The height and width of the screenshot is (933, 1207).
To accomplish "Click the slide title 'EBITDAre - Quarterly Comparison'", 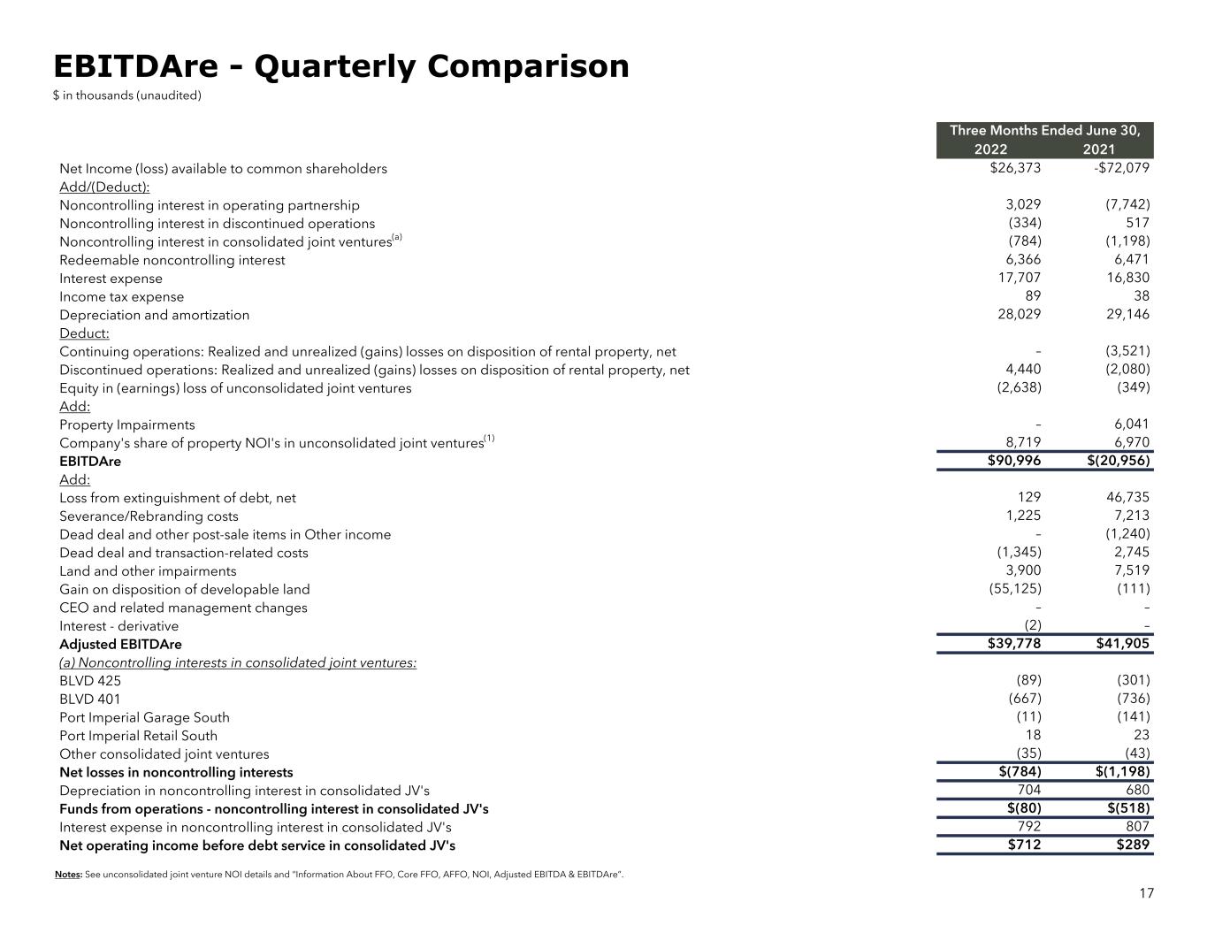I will click(340, 67).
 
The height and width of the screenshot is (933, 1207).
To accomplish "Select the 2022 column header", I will click(989, 149).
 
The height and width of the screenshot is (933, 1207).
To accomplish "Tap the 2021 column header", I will click(1098, 149).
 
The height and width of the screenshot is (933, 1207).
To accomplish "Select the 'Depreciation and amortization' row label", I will click(154, 315).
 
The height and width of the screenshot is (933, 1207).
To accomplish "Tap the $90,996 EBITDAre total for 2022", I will click(1013, 461).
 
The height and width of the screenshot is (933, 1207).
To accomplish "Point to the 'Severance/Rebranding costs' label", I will click(149, 516).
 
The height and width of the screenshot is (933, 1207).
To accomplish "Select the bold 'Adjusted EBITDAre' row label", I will click(120, 645).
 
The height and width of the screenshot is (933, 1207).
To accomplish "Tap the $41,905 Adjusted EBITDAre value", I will click(1122, 644).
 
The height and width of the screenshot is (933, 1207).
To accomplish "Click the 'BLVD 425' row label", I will click(90, 681).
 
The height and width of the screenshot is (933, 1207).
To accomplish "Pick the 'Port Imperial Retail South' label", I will click(138, 736).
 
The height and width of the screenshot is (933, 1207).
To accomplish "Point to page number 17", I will click(1146, 893).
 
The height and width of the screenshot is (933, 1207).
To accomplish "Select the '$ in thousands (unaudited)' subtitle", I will click(127, 96).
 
